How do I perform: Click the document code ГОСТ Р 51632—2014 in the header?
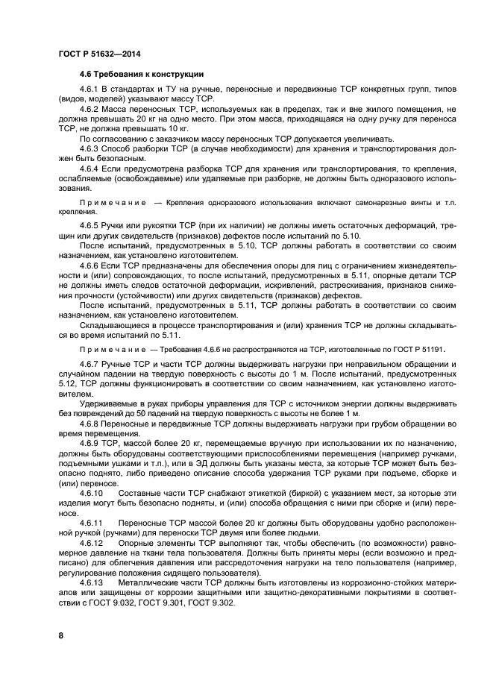99,54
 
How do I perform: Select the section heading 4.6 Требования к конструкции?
142,75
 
